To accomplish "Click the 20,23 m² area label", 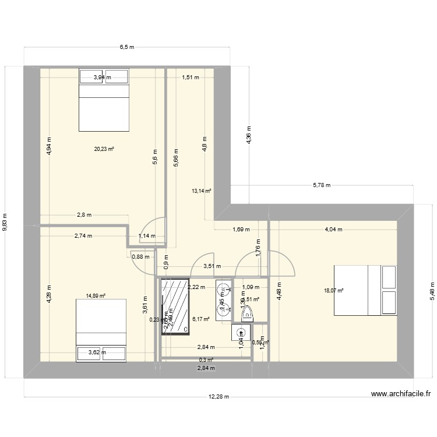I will [104, 149].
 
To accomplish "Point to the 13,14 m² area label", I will [201, 190].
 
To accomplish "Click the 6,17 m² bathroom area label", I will [200, 319].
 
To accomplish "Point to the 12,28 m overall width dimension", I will [219, 397].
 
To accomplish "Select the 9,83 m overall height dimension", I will [6, 221].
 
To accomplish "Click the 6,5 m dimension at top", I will [127, 47].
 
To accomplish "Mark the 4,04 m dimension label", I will [333, 230].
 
